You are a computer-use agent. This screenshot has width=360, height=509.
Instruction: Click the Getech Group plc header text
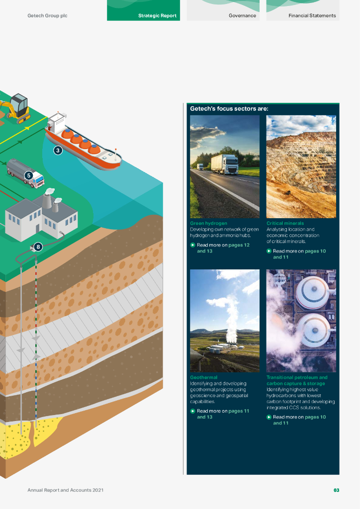(x=47, y=16)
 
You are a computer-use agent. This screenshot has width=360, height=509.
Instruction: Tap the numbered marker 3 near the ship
(x=58, y=150)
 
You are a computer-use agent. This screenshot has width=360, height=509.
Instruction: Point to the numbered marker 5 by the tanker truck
(x=28, y=175)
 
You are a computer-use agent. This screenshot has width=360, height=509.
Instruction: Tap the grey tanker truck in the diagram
(x=25, y=172)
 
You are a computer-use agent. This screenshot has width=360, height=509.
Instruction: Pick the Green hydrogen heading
(x=208, y=224)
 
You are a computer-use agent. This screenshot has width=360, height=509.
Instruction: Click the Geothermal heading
(x=203, y=378)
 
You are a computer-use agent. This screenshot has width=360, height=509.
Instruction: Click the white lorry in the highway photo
(x=224, y=164)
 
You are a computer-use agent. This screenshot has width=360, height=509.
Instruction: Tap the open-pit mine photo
(x=301, y=167)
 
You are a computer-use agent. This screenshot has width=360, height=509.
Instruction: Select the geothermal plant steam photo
(x=225, y=321)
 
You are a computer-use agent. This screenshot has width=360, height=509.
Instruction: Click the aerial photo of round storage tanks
(x=301, y=321)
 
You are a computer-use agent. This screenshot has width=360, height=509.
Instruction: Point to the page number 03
(x=336, y=491)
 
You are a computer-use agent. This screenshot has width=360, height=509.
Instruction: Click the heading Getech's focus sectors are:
(x=229, y=108)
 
